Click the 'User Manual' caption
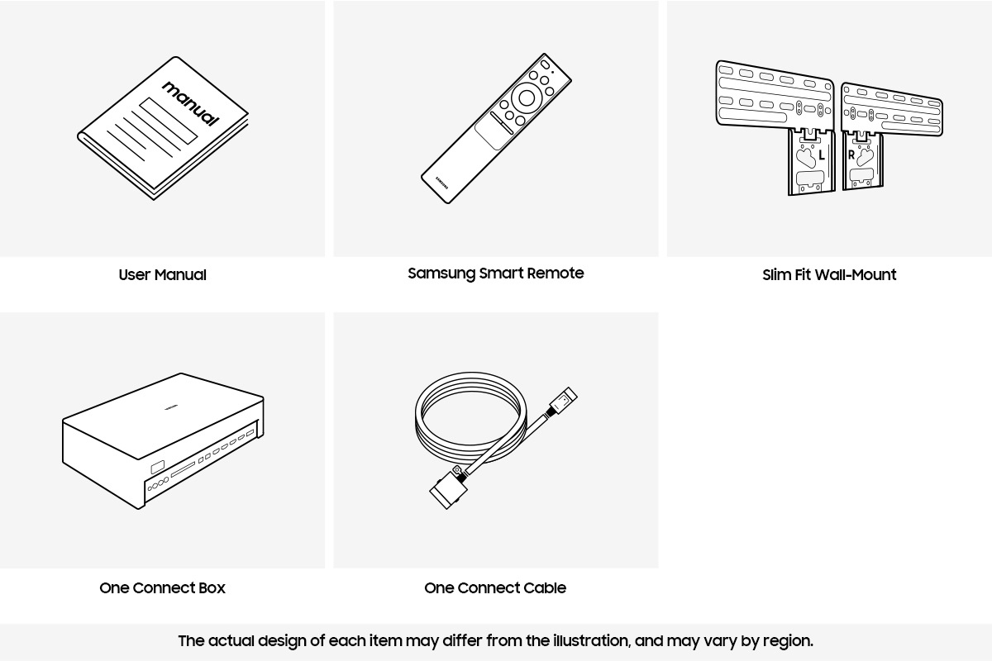[x=162, y=275]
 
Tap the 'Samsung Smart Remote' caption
[x=495, y=273]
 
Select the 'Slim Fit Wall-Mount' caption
[x=828, y=275]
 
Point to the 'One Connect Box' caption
[x=162, y=588]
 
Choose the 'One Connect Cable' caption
[x=494, y=588]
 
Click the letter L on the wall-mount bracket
[x=821, y=155]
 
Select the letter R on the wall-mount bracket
[x=851, y=155]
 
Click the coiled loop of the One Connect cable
[x=470, y=413]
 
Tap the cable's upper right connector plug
[x=564, y=402]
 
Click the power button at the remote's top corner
[x=544, y=65]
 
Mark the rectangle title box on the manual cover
[x=169, y=121]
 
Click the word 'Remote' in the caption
[x=557, y=273]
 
